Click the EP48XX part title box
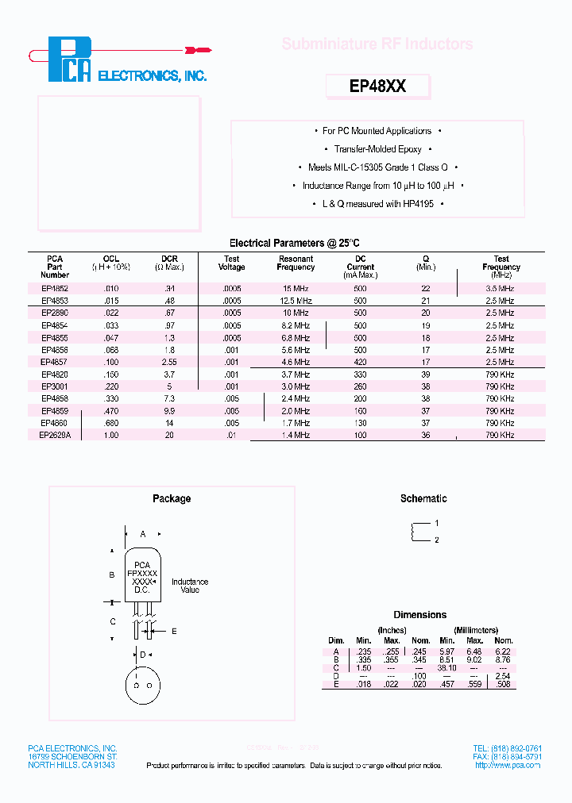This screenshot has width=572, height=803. pyautogui.click(x=378, y=86)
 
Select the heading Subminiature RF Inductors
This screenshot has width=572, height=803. pyautogui.click(x=377, y=44)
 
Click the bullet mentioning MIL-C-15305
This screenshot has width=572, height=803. pyautogui.click(x=378, y=167)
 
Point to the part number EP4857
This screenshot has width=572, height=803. pyautogui.click(x=55, y=362)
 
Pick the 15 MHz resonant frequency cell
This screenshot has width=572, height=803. pyautogui.click(x=296, y=289)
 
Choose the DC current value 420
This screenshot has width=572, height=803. pyautogui.click(x=360, y=362)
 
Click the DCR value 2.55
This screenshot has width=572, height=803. pyautogui.click(x=169, y=362)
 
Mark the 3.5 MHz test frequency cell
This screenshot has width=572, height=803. pyautogui.click(x=500, y=289)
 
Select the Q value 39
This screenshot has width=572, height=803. pyautogui.click(x=426, y=375)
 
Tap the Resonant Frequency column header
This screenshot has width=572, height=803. pyautogui.click(x=296, y=263)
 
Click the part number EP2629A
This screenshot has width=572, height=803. pyautogui.click(x=55, y=436)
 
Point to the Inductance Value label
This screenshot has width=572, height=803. pyautogui.click(x=190, y=586)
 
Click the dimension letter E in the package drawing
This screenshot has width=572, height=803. pyautogui.click(x=174, y=632)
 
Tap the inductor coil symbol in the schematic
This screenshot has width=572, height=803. pyautogui.click(x=414, y=532)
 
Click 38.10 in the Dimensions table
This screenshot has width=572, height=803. pyautogui.click(x=447, y=668)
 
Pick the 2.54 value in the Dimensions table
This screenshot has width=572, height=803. pyautogui.click(x=503, y=676)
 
